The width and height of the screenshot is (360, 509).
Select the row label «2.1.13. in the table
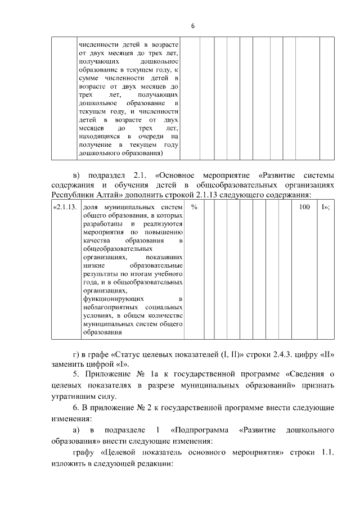pos(64,208)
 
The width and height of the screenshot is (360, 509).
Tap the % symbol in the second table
pos(193,208)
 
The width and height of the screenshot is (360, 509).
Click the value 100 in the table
pos(304,208)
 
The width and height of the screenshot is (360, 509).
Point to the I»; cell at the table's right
pos(325,208)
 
